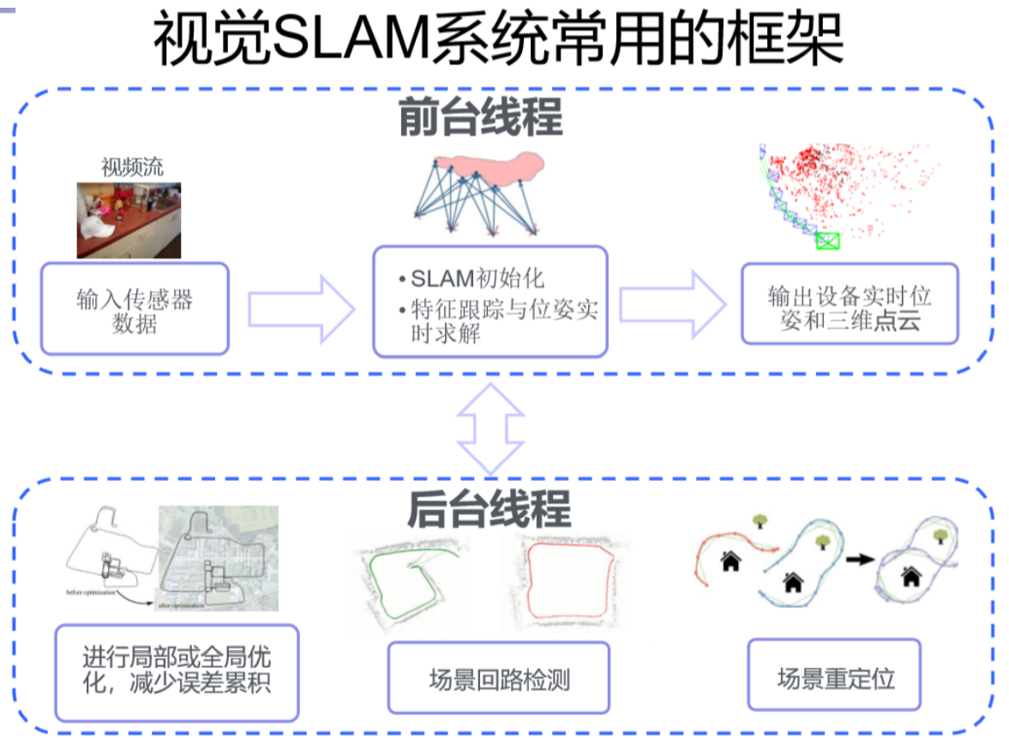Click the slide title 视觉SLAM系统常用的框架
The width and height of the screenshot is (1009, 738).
pyautogui.click(x=498, y=39)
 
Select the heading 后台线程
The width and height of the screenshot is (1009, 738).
pyautogui.click(x=488, y=509)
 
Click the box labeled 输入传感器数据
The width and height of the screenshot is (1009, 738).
pyautogui.click(x=135, y=309)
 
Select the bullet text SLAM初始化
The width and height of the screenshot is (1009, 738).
pyautogui.click(x=477, y=279)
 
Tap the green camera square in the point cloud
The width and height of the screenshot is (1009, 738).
pyautogui.click(x=827, y=242)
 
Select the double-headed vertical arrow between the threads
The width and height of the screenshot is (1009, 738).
pyautogui.click(x=489, y=428)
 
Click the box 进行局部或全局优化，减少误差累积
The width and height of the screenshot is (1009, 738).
pyautogui.click(x=177, y=671)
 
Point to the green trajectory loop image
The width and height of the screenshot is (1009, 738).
pyautogui.click(x=413, y=579)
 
